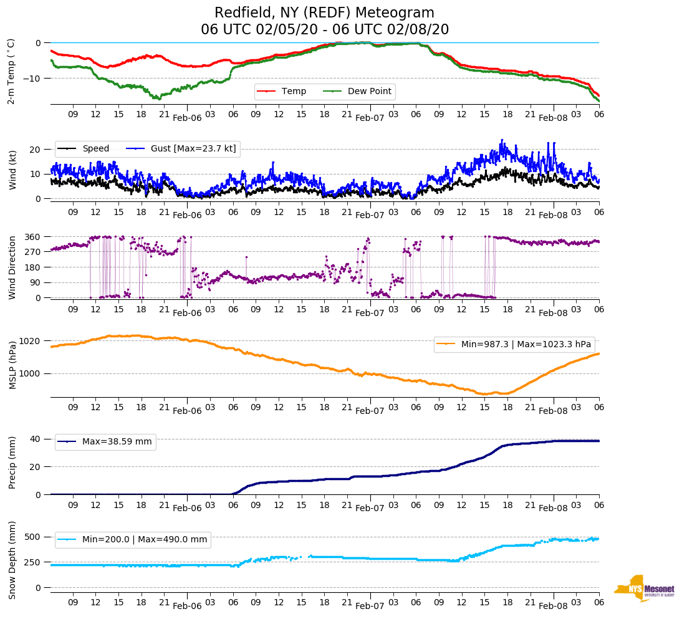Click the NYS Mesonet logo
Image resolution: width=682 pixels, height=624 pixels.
coord(644,588)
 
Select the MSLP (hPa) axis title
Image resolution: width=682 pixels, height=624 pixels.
coord(13,365)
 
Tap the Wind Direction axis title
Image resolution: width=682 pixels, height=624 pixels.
coord(13,267)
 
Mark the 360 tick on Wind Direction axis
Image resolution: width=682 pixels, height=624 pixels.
coord(32,237)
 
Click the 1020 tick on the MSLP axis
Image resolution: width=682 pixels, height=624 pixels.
coord(30,341)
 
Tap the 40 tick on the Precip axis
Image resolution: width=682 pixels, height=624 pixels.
coord(36,439)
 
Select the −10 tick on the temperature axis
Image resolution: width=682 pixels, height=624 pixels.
coord(32,78)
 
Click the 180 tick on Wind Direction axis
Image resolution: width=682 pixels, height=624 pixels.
coord(32,267)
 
